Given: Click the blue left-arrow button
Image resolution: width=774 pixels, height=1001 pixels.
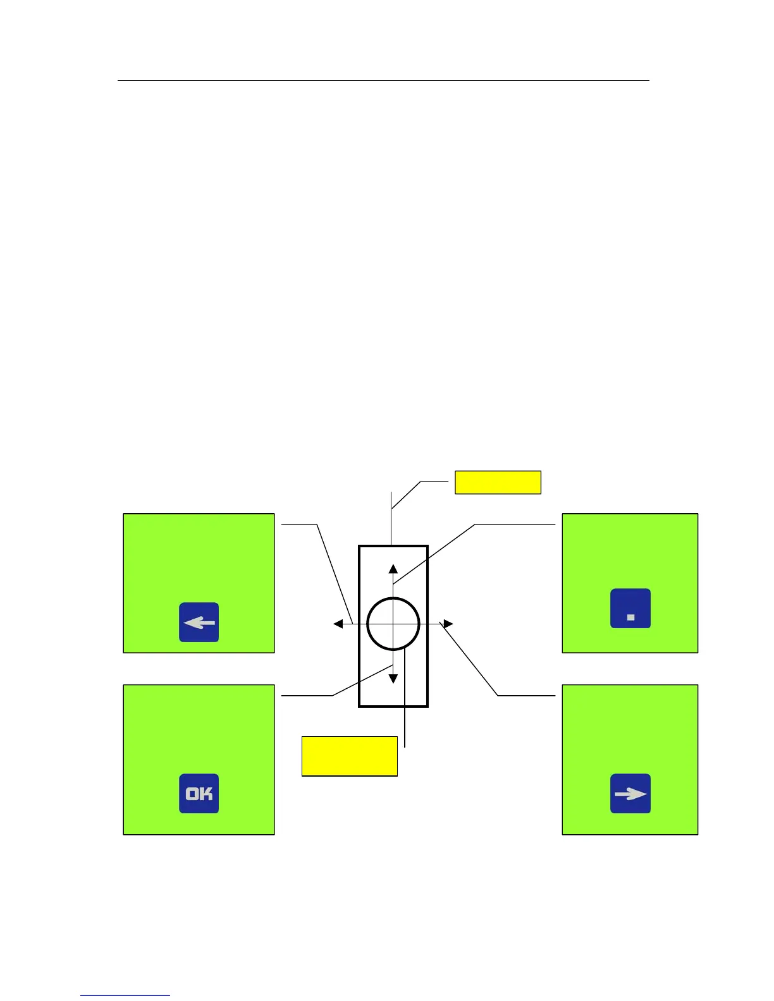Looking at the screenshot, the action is click(199, 622).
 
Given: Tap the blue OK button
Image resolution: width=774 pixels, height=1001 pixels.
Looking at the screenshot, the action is click(199, 793).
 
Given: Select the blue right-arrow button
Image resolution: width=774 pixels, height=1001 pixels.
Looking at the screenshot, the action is click(630, 793).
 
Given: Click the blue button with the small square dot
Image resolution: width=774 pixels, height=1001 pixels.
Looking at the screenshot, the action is click(630, 609).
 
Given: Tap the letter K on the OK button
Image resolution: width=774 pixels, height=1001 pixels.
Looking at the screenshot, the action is click(206, 793).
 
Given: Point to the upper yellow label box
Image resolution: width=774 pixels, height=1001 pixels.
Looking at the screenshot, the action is click(498, 482).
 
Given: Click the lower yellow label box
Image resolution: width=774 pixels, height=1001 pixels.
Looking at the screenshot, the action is click(349, 756).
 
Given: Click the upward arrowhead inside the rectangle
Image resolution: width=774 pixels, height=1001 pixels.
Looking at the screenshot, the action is click(393, 568).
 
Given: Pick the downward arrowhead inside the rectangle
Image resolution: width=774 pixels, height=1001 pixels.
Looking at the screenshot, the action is click(393, 679).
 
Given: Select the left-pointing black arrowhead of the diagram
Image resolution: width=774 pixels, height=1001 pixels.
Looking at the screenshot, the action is click(338, 624).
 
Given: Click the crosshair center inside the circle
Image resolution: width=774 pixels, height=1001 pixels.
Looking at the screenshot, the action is click(393, 624).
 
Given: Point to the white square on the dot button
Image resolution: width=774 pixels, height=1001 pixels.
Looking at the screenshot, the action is click(630, 617).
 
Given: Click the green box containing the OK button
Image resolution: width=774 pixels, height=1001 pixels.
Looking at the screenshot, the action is click(199, 733).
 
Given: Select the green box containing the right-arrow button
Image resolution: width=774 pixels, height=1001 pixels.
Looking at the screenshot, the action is click(630, 733).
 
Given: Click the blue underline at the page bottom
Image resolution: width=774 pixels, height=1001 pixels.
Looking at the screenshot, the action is click(125, 995).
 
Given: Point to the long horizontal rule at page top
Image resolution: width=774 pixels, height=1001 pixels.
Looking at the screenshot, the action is click(383, 81).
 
